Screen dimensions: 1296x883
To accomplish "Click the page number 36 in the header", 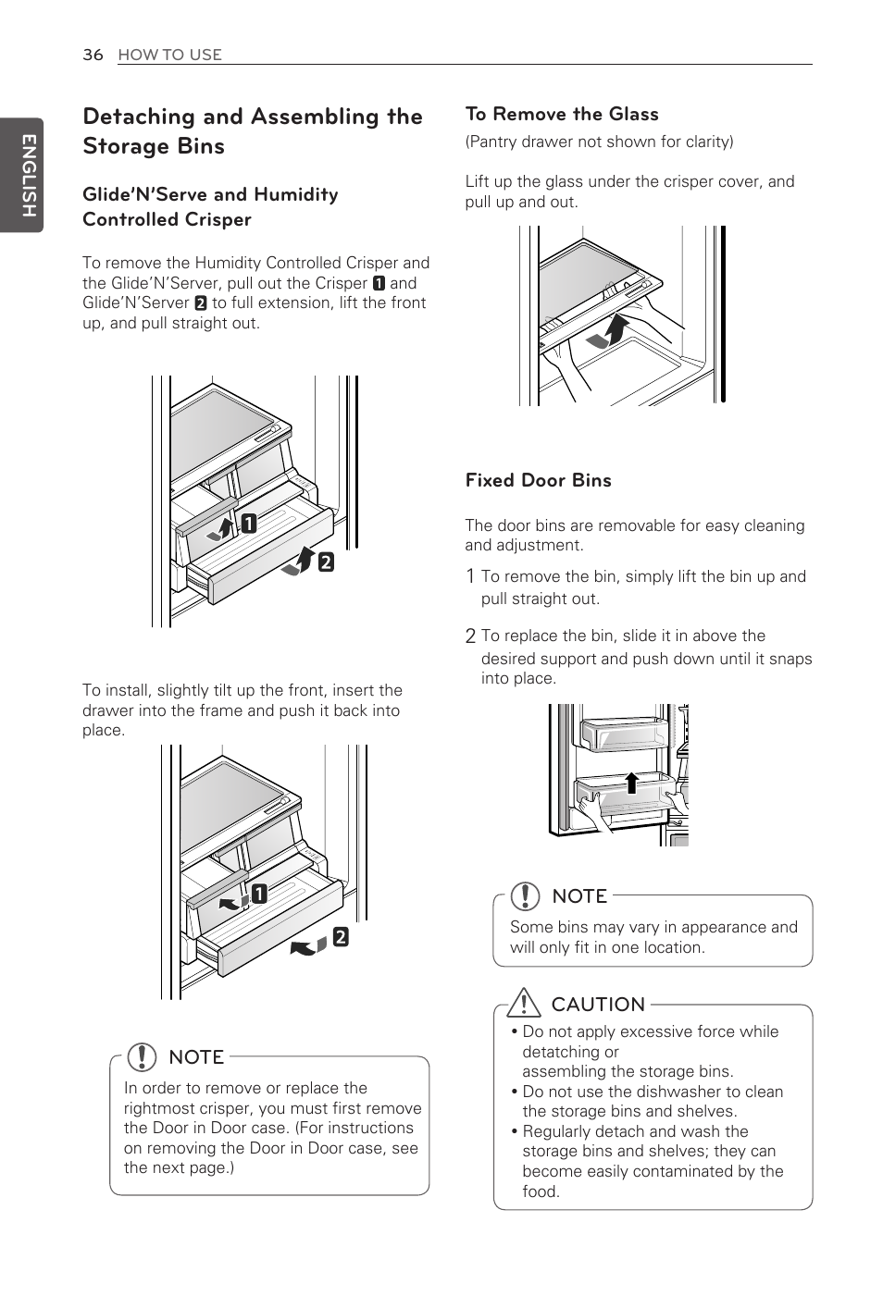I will (x=93, y=55).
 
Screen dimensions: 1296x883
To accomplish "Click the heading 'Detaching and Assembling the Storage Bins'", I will (x=252, y=131).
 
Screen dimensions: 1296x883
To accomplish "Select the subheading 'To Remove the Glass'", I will (x=562, y=114).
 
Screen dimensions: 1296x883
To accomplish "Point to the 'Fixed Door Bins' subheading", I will (x=538, y=480).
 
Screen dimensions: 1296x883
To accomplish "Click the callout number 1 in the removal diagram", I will (x=249, y=524).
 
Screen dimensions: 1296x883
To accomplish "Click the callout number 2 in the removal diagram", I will (x=326, y=562).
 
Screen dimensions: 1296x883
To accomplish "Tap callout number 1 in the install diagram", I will (x=258, y=894).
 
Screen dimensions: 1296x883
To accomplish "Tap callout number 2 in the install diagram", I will (x=341, y=937).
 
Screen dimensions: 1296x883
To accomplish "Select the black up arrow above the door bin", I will (x=631, y=783).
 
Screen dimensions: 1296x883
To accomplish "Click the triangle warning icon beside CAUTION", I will (x=524, y=1004).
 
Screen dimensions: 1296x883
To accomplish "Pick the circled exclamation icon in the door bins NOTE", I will (x=524, y=895).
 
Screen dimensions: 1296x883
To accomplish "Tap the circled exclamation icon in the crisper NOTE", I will (x=142, y=1056).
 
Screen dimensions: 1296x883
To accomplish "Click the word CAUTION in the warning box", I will (x=598, y=1005).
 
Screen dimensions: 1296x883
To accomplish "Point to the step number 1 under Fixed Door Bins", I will (x=470, y=576).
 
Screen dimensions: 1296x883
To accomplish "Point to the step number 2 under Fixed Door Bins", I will (x=470, y=636).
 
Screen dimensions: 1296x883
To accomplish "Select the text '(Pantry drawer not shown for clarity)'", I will (x=599, y=142).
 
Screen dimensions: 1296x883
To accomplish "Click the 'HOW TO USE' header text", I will (x=169, y=55).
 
